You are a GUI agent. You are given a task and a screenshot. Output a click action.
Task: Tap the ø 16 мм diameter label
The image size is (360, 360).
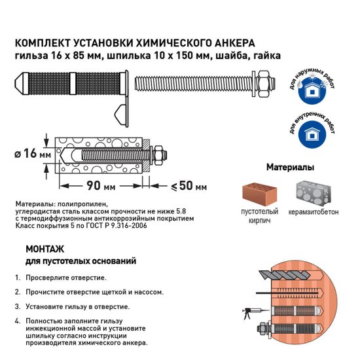(x=34, y=154)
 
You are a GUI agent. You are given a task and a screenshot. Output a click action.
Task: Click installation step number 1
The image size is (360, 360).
(x=17, y=278)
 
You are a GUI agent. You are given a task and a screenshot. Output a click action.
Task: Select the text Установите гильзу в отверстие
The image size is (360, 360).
(x=78, y=306)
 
